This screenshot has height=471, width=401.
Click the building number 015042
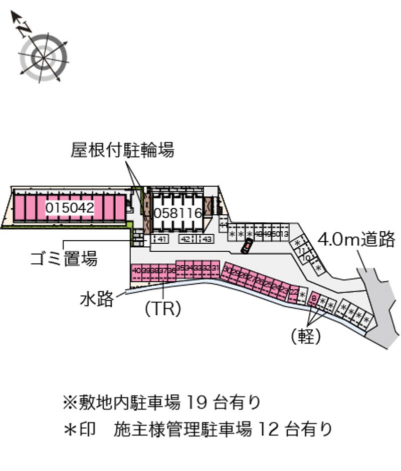(x=70, y=208)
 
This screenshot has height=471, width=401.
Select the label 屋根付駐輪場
(x=123, y=150)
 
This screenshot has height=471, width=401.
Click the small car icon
(x=247, y=246)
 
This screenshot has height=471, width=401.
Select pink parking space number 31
(x=215, y=268)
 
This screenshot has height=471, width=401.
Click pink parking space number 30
(x=227, y=270)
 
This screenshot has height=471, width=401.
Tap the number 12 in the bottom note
(x=268, y=429)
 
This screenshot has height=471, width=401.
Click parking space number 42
(x=185, y=239)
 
